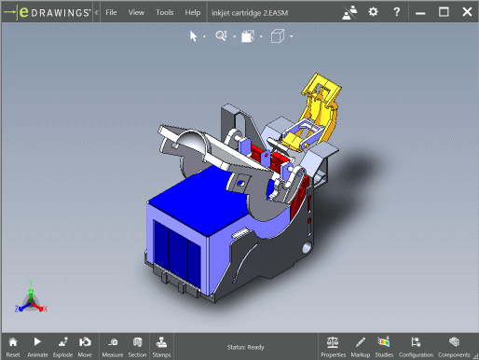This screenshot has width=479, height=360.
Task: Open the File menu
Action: [x=111, y=12]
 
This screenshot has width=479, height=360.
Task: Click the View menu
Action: [x=136, y=12]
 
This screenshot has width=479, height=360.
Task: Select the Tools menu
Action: [x=164, y=12]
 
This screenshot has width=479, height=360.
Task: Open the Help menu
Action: [x=193, y=12]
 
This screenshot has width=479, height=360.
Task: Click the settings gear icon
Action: [x=373, y=12]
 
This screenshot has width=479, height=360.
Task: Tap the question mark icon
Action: [x=396, y=12]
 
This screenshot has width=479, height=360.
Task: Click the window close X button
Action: [x=467, y=12]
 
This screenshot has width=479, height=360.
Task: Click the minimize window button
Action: [x=420, y=13]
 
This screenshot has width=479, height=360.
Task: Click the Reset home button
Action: [x=13, y=347]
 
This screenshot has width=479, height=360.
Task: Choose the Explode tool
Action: [x=62, y=347]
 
